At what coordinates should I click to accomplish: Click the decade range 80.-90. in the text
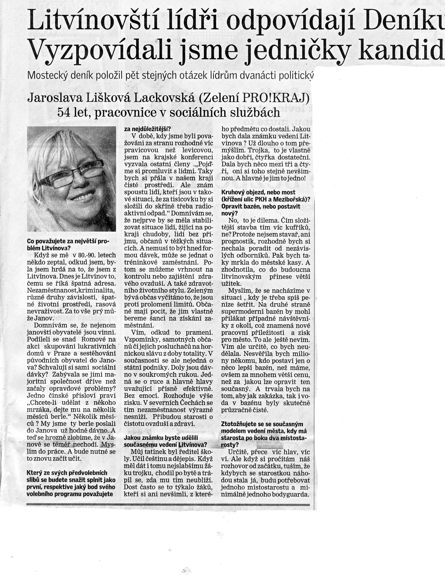[82, 255]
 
